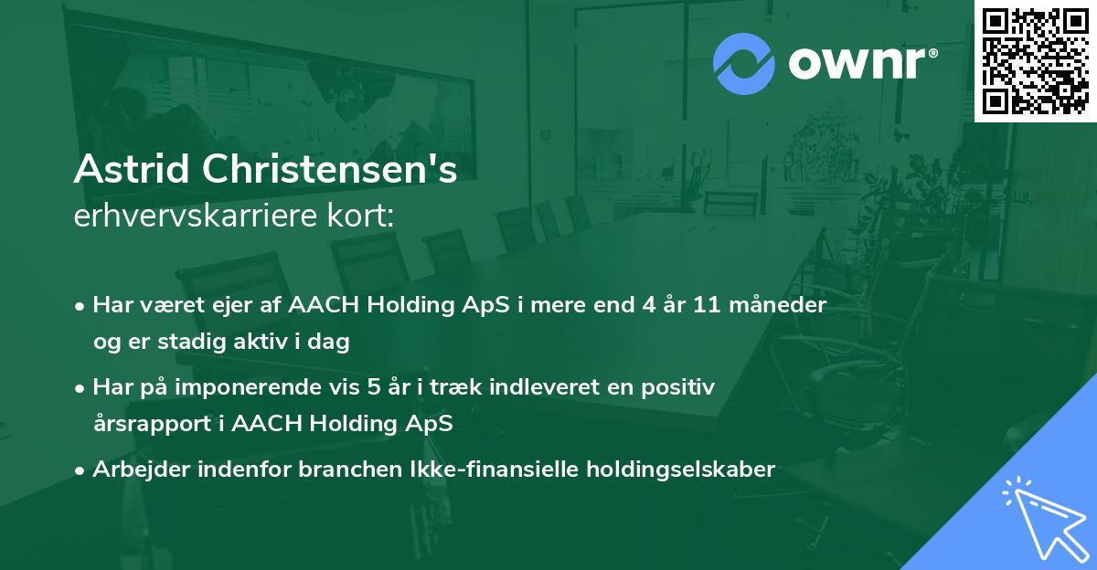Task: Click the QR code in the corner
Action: [x=1035, y=61]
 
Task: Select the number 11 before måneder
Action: [x=706, y=305]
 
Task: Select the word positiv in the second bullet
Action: [x=681, y=387]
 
